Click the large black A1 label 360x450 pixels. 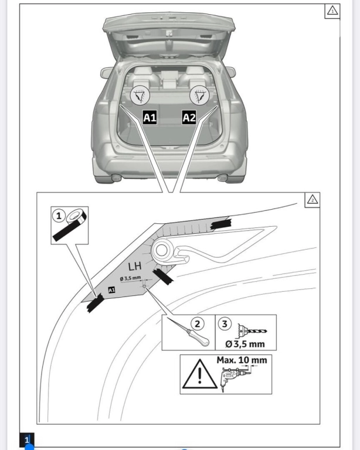[150, 117]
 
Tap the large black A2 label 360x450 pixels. [189, 117]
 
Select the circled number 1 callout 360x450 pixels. [59, 215]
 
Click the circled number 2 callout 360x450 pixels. [197, 323]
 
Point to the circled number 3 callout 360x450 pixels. [225, 323]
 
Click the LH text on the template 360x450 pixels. [135, 267]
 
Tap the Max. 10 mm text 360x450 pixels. [242, 360]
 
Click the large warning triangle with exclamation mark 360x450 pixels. [199, 374]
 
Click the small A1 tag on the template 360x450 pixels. [111, 290]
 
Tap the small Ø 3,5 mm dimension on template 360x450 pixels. [130, 278]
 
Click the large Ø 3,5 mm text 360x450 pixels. [245, 344]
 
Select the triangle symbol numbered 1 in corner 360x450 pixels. [332, 11]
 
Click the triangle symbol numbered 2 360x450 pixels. [313, 199]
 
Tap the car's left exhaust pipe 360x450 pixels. [116, 178]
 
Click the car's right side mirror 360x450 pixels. [231, 71]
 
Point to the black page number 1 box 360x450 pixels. [27, 439]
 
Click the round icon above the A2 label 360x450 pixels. [200, 95]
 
